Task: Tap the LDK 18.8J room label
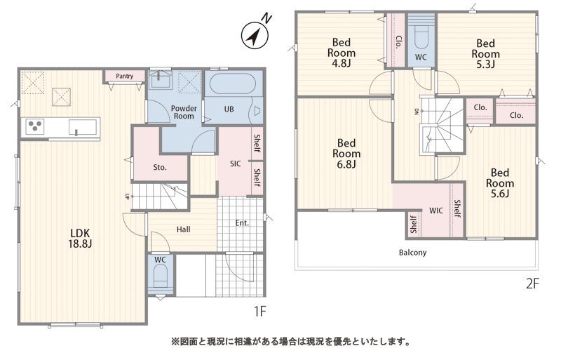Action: tap(80, 239)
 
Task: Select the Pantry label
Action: tap(125, 76)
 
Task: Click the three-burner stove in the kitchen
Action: tap(35, 127)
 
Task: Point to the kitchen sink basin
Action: tap(83, 127)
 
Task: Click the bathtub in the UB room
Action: tap(233, 84)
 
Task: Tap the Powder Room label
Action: tap(184, 112)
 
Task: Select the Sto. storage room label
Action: tap(160, 167)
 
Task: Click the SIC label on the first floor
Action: tap(236, 164)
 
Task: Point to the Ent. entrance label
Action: tap(242, 223)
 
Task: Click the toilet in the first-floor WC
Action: tap(161, 279)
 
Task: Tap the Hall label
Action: tap(183, 229)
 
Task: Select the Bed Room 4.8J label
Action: tap(342, 53)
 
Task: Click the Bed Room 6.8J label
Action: tap(346, 154)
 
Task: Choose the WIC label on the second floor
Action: tap(435, 211)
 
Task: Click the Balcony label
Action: tap(412, 253)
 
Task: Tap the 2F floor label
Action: tap(532, 284)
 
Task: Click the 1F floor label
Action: tap(260, 312)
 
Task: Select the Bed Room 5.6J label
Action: tap(500, 183)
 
